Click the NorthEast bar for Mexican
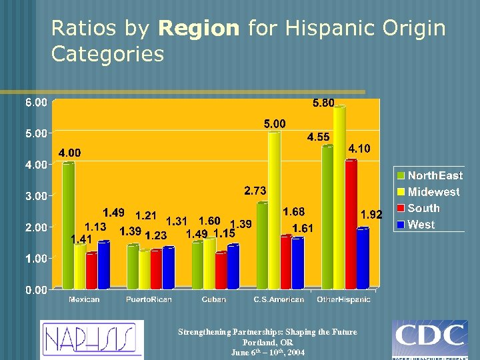[68, 225]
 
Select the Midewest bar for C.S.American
[274, 210]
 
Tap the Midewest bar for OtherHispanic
[339, 197]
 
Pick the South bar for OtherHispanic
[351, 224]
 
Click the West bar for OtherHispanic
[363, 259]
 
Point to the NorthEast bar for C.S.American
[262, 245]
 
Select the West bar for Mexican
[103, 265]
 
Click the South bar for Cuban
[221, 270]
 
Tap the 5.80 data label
[324, 103]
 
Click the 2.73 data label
[255, 191]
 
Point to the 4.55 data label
[318, 137]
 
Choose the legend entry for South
[423, 209]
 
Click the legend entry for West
[421, 225]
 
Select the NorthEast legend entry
[434, 175]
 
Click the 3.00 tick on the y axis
[36, 196]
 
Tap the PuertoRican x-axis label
[149, 299]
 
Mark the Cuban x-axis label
[214, 299]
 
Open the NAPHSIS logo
[91, 340]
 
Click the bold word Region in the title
[199, 29]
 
